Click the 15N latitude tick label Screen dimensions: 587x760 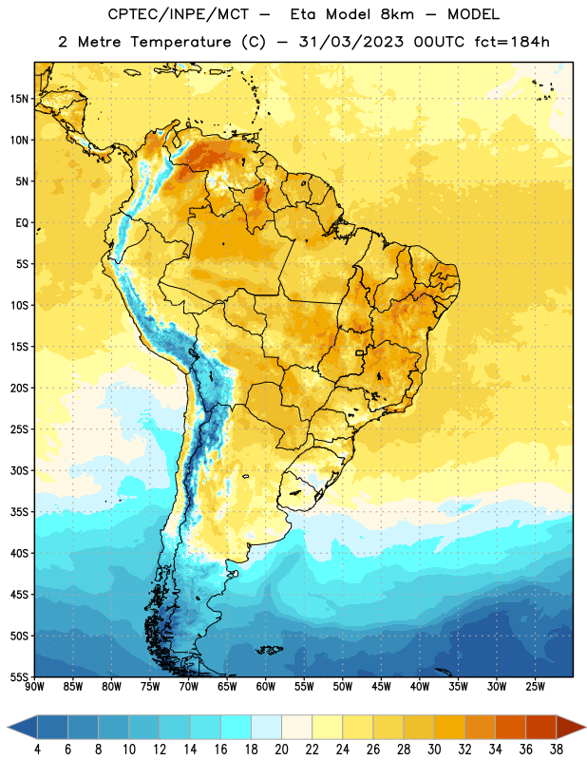[19, 99]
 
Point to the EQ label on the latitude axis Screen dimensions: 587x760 [22, 223]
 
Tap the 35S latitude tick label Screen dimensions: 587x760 [19, 512]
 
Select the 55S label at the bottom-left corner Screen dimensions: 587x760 [19, 676]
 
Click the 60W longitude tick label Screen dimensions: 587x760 [266, 687]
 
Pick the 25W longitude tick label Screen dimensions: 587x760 [535, 687]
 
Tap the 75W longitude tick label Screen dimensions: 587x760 [150, 687]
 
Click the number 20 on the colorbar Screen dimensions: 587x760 [281, 750]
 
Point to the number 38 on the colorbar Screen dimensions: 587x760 [557, 750]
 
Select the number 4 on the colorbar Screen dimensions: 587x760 [37, 750]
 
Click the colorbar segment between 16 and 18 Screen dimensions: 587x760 [236, 727]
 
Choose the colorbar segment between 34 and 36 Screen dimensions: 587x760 [510, 727]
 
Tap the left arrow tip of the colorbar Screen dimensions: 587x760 [8, 727]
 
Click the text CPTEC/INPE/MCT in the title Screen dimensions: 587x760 [179, 14]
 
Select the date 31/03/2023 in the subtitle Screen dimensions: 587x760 [350, 42]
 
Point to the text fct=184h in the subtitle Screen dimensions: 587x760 [512, 42]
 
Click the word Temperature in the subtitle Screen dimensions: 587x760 [180, 43]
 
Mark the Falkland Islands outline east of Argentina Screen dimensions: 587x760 [269, 650]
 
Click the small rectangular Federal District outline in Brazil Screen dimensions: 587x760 [360, 352]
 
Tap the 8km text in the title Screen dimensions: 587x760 [397, 14]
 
